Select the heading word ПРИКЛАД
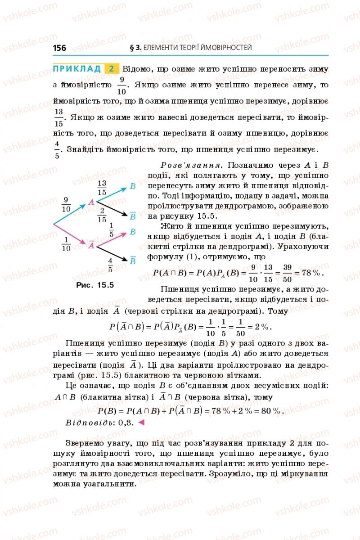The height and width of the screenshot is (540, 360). [77, 69]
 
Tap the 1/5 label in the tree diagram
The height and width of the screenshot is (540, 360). [111, 229]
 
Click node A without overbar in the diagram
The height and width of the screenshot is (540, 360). [91, 202]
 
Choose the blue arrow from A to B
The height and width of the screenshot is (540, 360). [112, 194]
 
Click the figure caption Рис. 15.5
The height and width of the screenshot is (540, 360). [95, 285]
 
